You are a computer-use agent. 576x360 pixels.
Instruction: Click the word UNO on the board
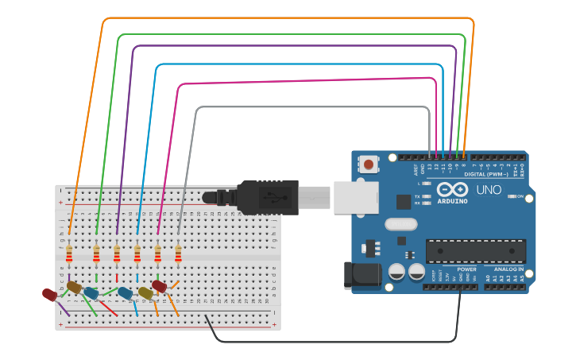coord(489,190)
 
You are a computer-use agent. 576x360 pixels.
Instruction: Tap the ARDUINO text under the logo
coord(452,201)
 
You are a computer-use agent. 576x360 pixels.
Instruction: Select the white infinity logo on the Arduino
coord(452,190)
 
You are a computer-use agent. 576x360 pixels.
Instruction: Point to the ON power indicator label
coord(520,196)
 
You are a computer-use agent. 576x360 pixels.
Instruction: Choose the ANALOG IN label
coord(508,269)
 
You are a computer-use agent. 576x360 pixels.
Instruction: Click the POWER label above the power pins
coord(466,269)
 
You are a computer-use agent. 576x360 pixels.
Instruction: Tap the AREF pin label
coord(416,169)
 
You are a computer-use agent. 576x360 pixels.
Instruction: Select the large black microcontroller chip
coord(475,250)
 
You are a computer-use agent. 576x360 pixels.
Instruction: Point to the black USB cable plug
coord(266,197)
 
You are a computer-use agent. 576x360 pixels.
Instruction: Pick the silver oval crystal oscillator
coord(401,224)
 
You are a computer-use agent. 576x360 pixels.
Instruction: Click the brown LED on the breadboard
coord(74,287)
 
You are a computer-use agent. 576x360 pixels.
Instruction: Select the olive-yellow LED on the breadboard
coord(145,293)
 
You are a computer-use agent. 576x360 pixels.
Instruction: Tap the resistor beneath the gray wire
coord(178,254)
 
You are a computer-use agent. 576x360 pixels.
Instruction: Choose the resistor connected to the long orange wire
coord(69,254)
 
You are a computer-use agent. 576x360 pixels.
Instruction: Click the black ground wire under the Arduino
coord(334,342)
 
